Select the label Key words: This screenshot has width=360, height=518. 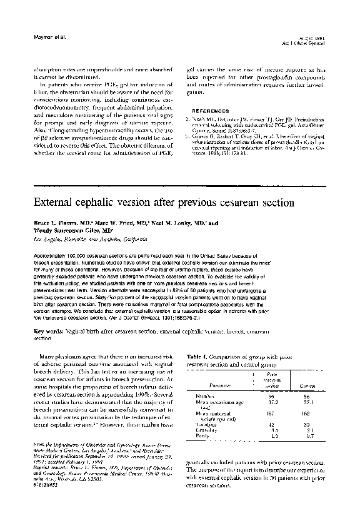click(51, 332)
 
